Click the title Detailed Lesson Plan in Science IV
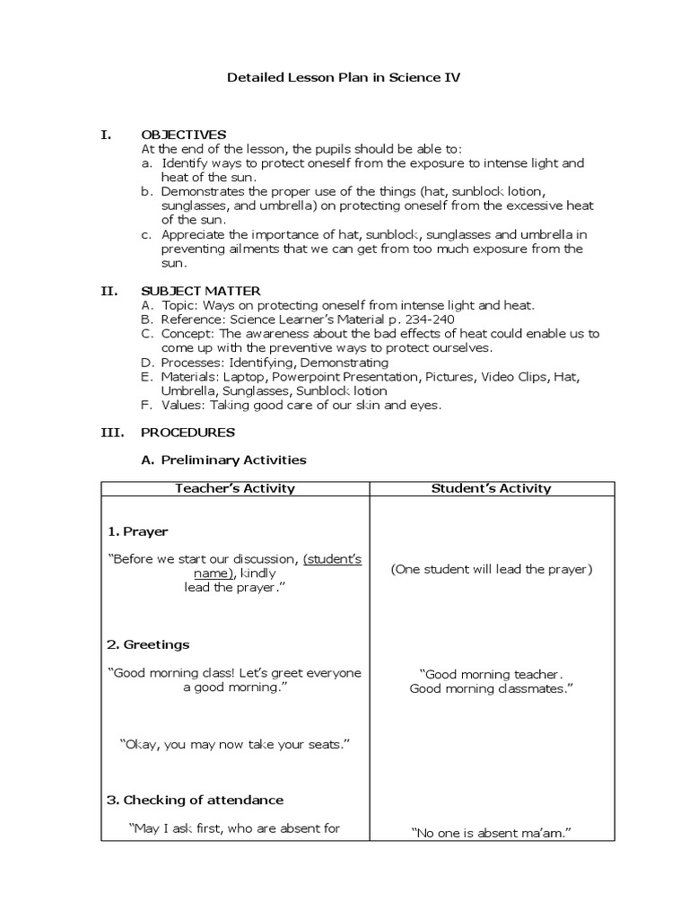[344, 78]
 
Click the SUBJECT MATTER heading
[201, 291]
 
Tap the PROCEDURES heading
[188, 433]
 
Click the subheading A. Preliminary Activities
[224, 460]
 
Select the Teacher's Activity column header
[235, 489]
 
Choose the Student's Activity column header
[492, 489]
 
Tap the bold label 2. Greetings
[148, 645]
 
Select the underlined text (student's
[332, 559]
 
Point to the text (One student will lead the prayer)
[492, 570]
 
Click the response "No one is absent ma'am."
[492, 834]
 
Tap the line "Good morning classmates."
[492, 689]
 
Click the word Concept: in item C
[188, 334]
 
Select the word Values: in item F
[183, 406]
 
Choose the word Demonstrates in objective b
[203, 191]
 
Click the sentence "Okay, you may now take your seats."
[234, 745]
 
